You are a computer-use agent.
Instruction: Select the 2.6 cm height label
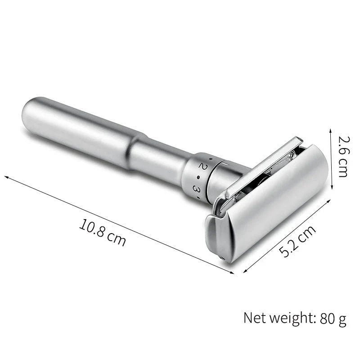coord(343,157)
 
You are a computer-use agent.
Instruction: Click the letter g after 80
coord(342,320)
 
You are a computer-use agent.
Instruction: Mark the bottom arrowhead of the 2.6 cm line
coord(331,188)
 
